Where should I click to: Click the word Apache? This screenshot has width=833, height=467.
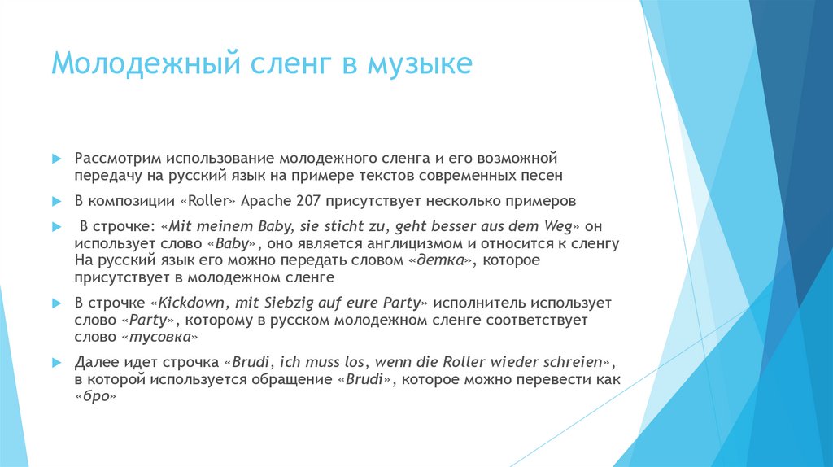coord(266,202)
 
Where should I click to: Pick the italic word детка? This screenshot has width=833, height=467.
coord(440,260)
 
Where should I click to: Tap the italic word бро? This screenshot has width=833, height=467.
coord(96,396)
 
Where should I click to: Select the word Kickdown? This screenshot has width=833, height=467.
coord(191,303)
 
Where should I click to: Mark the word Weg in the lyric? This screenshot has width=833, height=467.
coord(558,227)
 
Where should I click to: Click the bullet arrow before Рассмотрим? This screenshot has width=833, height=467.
coord(57,159)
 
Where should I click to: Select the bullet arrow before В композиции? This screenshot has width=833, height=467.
coord(57,201)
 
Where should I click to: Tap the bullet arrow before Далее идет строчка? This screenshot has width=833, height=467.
coord(57,363)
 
